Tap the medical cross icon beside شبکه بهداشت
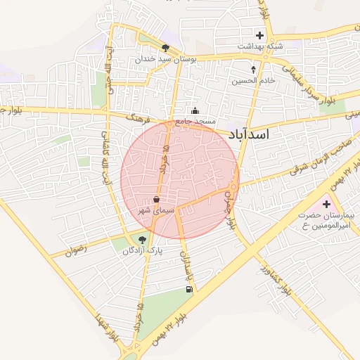(x=260, y=35)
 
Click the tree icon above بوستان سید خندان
(x=165, y=49)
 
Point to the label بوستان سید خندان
(x=165, y=59)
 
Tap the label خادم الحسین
(x=253, y=81)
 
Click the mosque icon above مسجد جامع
(x=195, y=111)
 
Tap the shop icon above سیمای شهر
(x=156, y=200)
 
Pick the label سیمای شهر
(x=156, y=210)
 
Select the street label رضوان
(x=78, y=249)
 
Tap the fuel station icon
(x=188, y=289)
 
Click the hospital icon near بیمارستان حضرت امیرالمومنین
(x=326, y=205)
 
